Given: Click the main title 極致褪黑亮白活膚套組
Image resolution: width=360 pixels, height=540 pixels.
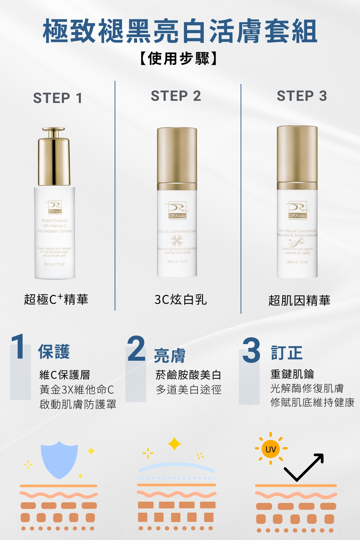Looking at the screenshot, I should pyautogui.click(x=180, y=32).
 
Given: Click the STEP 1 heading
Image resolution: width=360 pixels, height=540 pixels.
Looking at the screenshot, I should pyautogui.click(x=58, y=98).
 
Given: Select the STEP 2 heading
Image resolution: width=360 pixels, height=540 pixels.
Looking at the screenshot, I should pyautogui.click(x=176, y=96).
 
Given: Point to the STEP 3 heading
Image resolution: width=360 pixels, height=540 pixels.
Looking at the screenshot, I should pyautogui.click(x=302, y=96).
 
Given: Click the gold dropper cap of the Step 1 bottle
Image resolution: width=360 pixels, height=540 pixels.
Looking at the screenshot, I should pyautogui.click(x=54, y=157).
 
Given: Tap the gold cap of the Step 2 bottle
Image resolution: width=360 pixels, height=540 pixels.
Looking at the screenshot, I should pyautogui.click(x=177, y=156).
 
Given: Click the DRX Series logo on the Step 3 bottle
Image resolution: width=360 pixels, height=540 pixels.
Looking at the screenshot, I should pyautogui.click(x=297, y=211).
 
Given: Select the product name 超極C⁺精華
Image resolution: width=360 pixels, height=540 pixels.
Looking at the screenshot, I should pyautogui.click(x=56, y=300).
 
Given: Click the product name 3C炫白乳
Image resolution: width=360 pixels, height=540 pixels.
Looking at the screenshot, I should pyautogui.click(x=180, y=300).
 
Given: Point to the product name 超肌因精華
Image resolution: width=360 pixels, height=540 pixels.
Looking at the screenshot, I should pyautogui.click(x=299, y=301).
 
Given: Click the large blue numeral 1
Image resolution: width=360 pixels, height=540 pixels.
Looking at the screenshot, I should pyautogui.click(x=18, y=346).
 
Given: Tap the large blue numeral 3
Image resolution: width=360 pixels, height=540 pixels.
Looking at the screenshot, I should pyautogui.click(x=251, y=350).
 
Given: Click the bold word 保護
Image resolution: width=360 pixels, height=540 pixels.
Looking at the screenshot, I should pyautogui.click(x=54, y=352).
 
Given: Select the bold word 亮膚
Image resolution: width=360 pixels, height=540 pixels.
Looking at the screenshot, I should pyautogui.click(x=170, y=356).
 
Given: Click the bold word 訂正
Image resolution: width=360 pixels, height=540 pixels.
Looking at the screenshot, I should pyautogui.click(x=287, y=353).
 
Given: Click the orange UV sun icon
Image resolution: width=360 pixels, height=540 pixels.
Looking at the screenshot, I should pyautogui.click(x=270, y=449).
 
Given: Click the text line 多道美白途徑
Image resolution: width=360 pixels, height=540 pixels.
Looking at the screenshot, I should pyautogui.click(x=188, y=390).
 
